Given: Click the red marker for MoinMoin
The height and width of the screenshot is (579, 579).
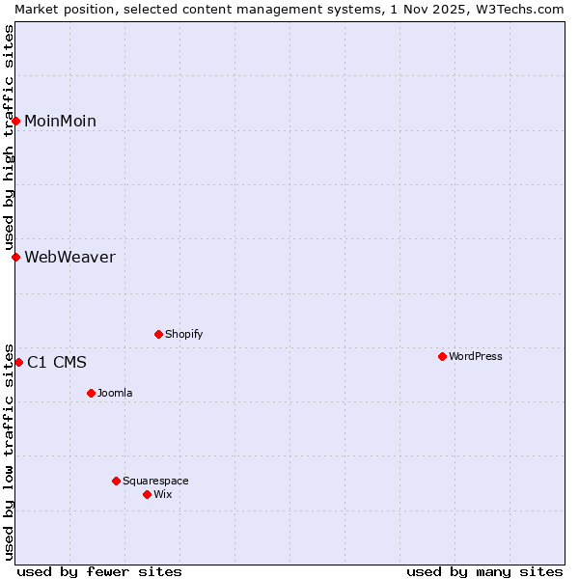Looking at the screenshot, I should [x=16, y=121].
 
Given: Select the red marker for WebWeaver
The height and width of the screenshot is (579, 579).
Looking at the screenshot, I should [x=16, y=257].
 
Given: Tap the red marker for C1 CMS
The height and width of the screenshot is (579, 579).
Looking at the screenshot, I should [x=19, y=362].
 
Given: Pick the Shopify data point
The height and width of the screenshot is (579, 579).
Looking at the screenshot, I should [x=158, y=334].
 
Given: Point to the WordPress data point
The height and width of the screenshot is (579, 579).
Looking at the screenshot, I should [x=442, y=356].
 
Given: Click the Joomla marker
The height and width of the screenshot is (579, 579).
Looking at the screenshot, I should [x=91, y=393].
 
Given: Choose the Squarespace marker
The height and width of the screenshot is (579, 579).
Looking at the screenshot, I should [x=116, y=481].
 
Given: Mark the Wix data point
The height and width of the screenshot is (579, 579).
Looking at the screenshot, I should [x=147, y=494].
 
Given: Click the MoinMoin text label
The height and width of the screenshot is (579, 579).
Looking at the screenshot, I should [x=60, y=121].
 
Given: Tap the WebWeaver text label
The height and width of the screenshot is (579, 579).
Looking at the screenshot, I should [x=69, y=257].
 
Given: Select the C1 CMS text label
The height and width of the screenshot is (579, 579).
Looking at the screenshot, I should [x=57, y=363].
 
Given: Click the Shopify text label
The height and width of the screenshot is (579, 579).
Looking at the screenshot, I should [x=183, y=334].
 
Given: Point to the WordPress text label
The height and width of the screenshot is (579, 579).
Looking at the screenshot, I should [x=475, y=356].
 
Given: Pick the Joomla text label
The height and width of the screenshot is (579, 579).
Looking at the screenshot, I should [x=115, y=393].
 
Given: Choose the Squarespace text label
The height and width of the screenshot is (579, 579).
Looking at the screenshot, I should [x=155, y=481].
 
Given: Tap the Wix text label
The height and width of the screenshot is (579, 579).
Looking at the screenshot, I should [x=162, y=494].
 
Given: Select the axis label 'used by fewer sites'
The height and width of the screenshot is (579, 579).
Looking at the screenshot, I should [x=99, y=571].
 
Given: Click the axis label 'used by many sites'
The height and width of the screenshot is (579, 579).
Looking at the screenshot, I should [x=484, y=571].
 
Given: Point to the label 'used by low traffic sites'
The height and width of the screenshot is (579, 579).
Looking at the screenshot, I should [x=9, y=451].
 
